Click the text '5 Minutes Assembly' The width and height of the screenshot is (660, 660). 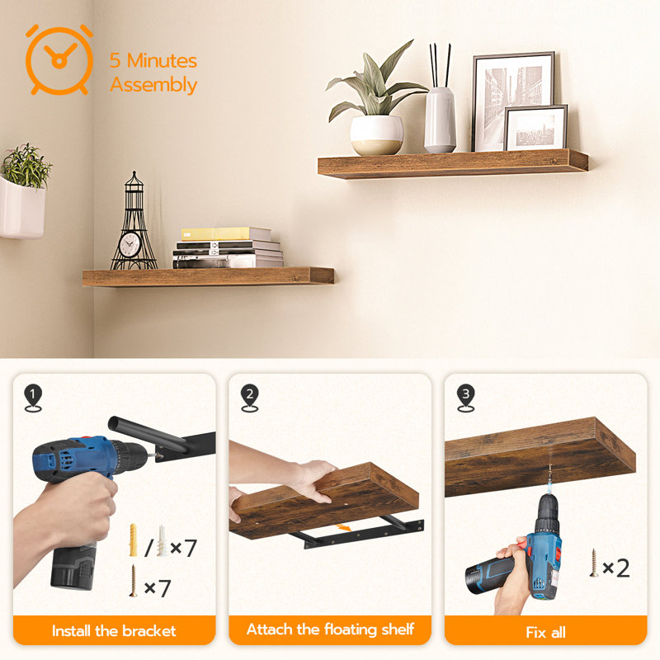point(153,73)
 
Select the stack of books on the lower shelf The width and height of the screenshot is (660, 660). point(227,248)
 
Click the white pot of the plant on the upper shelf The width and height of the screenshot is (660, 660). point(377,134)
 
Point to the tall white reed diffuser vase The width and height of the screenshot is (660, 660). point(440,120)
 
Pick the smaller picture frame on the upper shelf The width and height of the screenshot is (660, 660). point(535,128)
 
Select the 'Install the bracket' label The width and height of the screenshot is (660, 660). point(114,631)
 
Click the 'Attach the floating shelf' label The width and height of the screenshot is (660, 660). point(330,630)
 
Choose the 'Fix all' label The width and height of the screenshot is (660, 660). point(546,633)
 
